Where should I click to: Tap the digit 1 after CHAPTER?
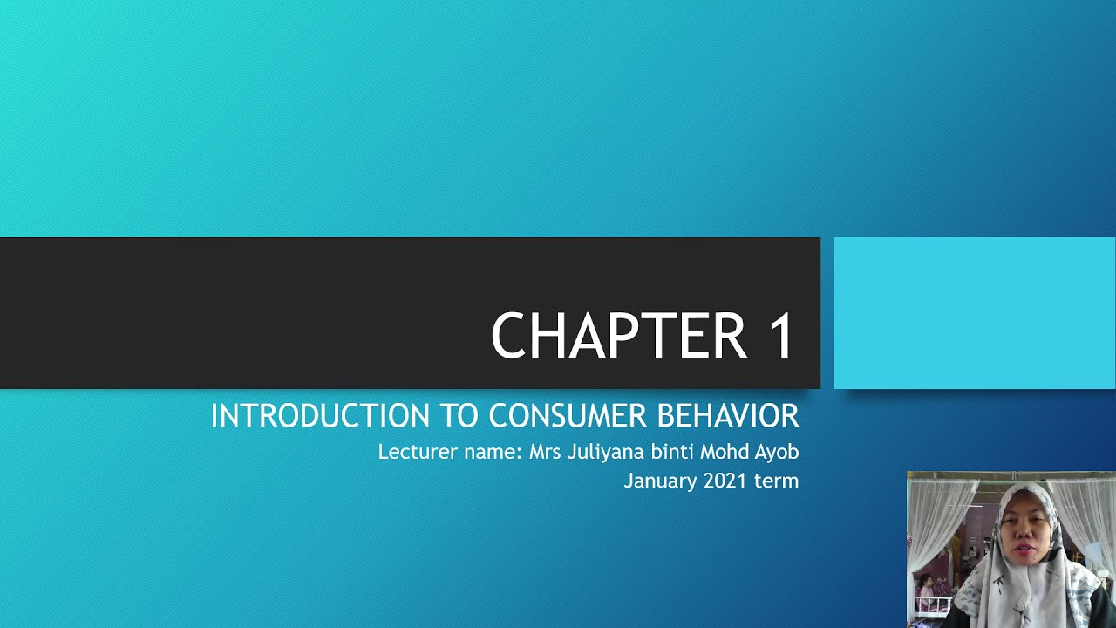(x=781, y=336)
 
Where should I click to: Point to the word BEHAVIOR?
(x=727, y=416)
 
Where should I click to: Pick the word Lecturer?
(x=414, y=453)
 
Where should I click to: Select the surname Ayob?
(x=775, y=453)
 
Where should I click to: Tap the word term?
(x=777, y=481)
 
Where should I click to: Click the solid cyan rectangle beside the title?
(x=974, y=313)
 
